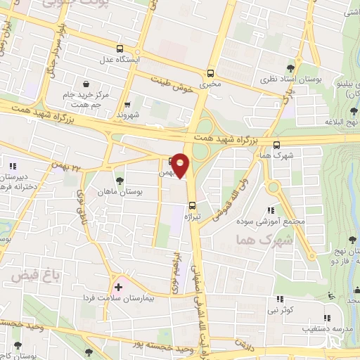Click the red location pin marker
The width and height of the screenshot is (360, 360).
click(181, 165)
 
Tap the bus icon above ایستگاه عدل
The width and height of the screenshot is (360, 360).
click(120, 49)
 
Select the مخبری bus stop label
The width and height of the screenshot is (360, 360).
click(210, 84)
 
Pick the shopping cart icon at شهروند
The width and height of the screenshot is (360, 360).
click(126, 105)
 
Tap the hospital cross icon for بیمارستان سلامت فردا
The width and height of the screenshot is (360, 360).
click(119, 286)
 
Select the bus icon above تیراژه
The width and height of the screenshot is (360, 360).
click(192, 205)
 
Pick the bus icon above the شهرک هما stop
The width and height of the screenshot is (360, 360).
click(269, 144)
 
